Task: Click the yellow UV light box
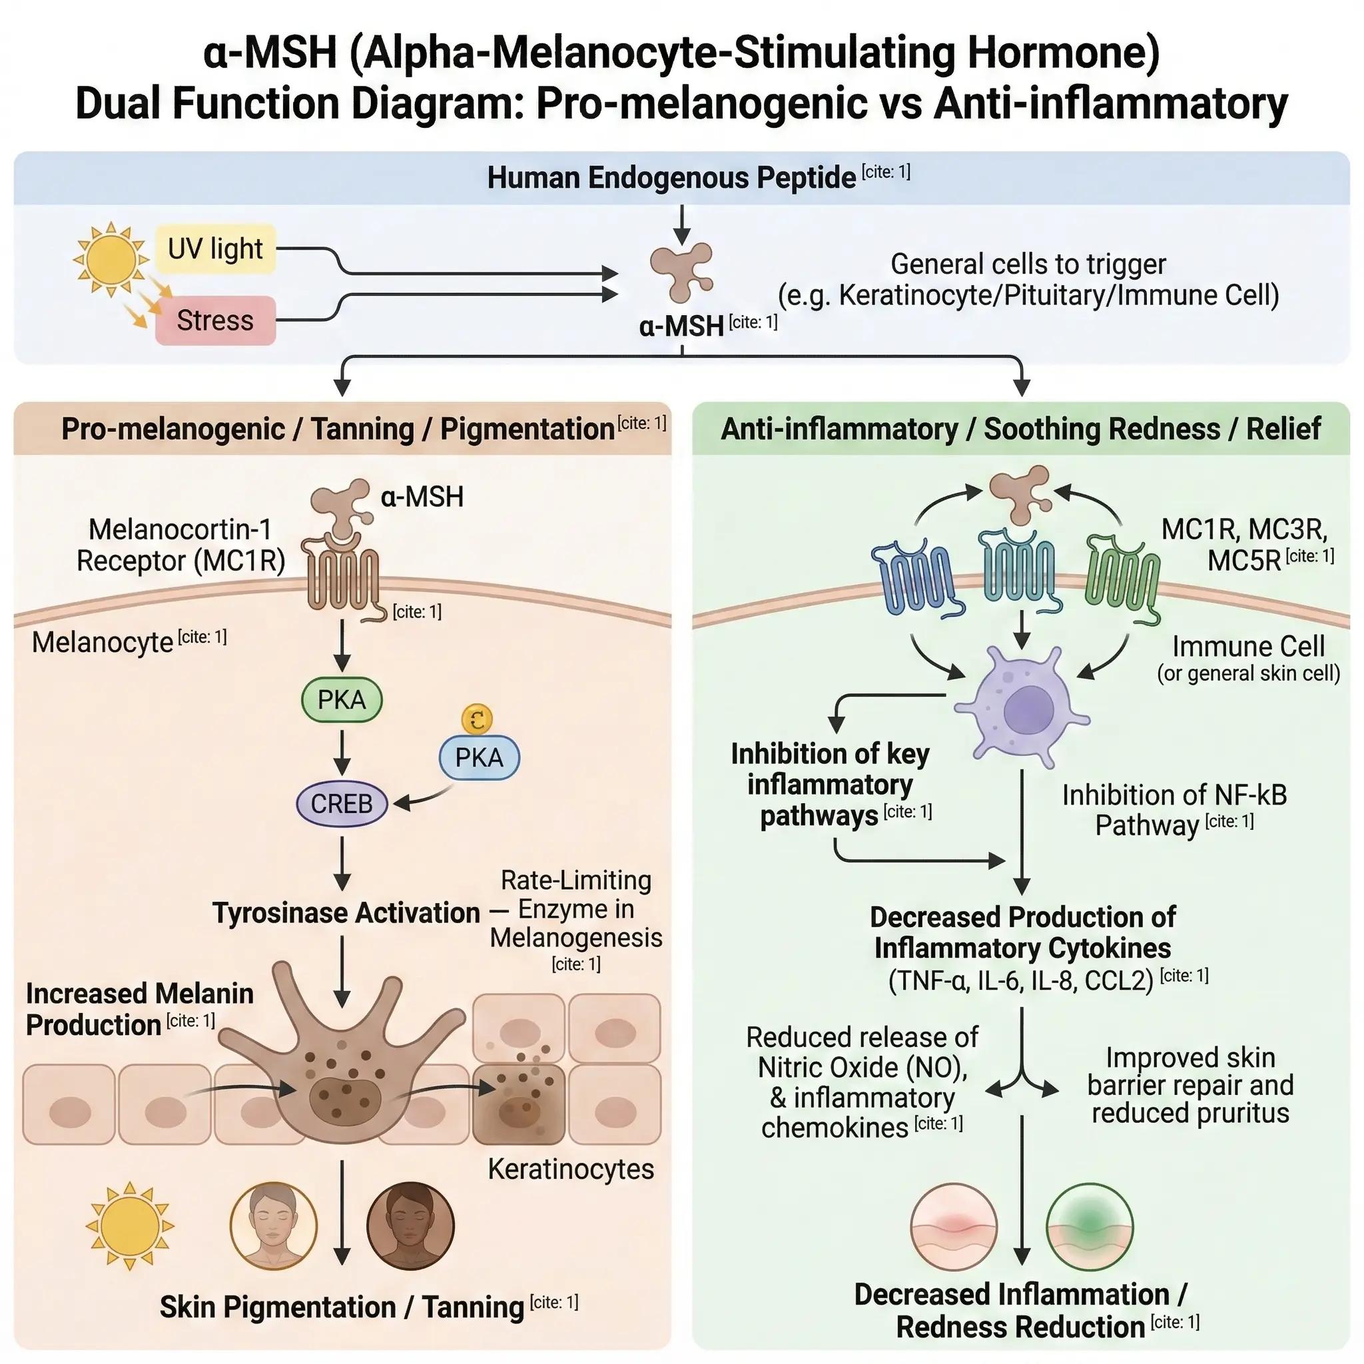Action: point(214,249)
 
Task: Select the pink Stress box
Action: point(214,320)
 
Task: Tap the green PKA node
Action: point(342,700)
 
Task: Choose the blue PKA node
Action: point(479,757)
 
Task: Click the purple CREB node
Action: point(342,803)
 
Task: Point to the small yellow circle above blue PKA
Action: point(477,719)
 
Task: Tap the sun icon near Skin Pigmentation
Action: point(129,1225)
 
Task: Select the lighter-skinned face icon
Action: point(274,1225)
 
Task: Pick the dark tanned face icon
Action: point(410,1225)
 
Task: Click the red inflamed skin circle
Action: point(954,1227)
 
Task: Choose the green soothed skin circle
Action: point(1090,1227)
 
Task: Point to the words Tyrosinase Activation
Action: point(346,913)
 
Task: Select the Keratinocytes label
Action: point(571,1170)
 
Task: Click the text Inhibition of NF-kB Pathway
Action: point(1174,810)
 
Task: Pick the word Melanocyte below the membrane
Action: point(103,643)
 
